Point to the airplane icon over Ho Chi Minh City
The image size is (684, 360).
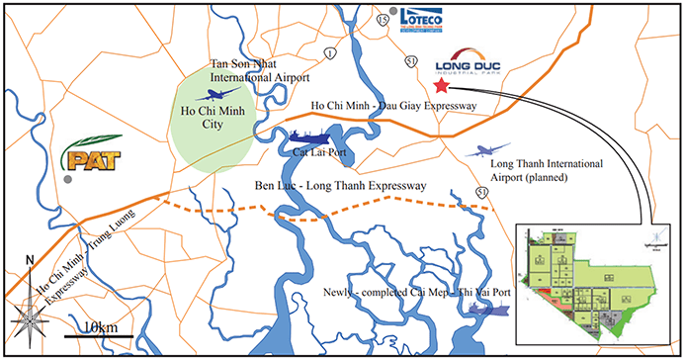[211, 96]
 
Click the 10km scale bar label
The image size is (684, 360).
[100, 326]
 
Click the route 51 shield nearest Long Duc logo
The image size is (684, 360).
[410, 61]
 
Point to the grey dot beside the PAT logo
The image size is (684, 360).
[66, 182]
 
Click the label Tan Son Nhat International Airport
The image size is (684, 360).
[261, 70]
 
